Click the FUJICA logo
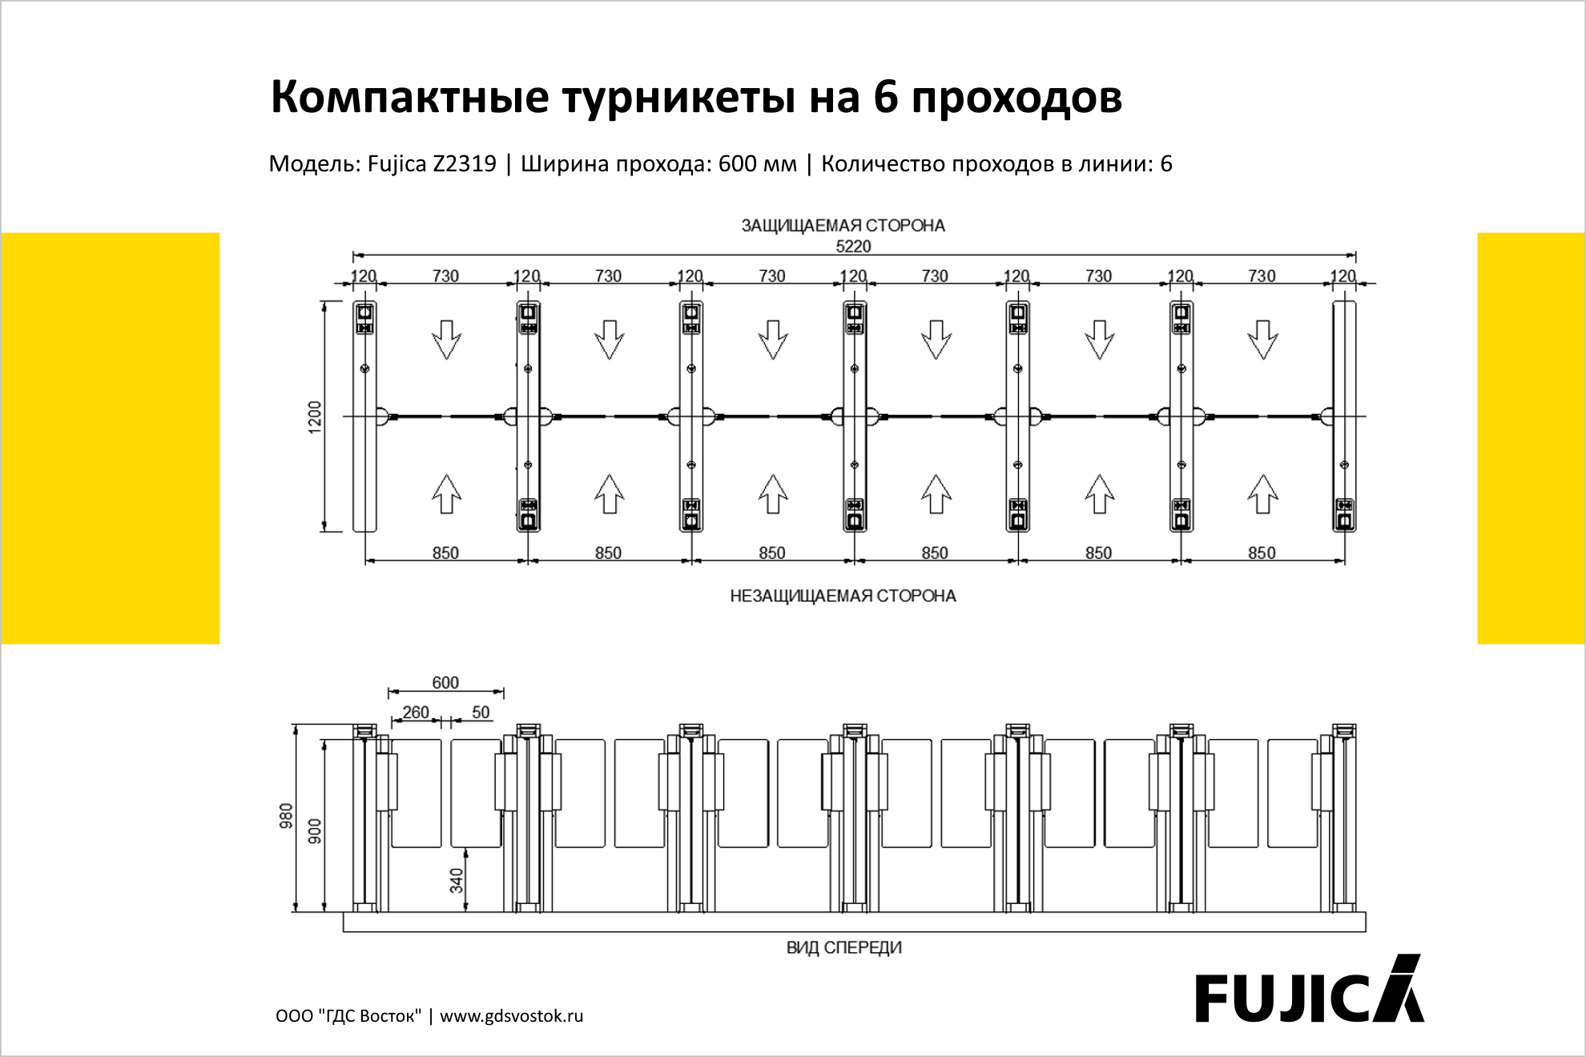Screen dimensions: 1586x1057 [1310, 990]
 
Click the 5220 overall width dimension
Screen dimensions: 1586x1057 [853, 247]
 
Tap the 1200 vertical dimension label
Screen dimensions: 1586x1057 [315, 417]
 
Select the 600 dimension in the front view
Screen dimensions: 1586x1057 [445, 682]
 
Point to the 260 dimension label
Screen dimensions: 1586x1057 [416, 712]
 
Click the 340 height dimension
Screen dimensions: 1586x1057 [457, 880]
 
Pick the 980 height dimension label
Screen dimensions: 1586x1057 [286, 816]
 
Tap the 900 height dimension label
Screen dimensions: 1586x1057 [315, 831]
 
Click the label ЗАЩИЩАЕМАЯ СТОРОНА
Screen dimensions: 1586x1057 [843, 226]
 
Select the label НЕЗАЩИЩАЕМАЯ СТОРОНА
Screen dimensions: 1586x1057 [843, 596]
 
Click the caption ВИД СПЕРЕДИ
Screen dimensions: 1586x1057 [844, 947]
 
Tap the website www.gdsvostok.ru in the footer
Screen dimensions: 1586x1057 [512, 1016]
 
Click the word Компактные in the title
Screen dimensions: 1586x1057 [410, 97]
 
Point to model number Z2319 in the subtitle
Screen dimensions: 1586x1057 [465, 163]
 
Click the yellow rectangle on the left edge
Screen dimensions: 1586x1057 [111, 438]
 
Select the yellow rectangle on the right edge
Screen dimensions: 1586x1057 [1531, 438]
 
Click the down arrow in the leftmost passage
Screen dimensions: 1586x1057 [446, 340]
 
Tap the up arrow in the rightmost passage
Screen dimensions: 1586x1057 [1262, 494]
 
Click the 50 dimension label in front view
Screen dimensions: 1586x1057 [481, 712]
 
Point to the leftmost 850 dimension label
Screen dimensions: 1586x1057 [445, 553]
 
